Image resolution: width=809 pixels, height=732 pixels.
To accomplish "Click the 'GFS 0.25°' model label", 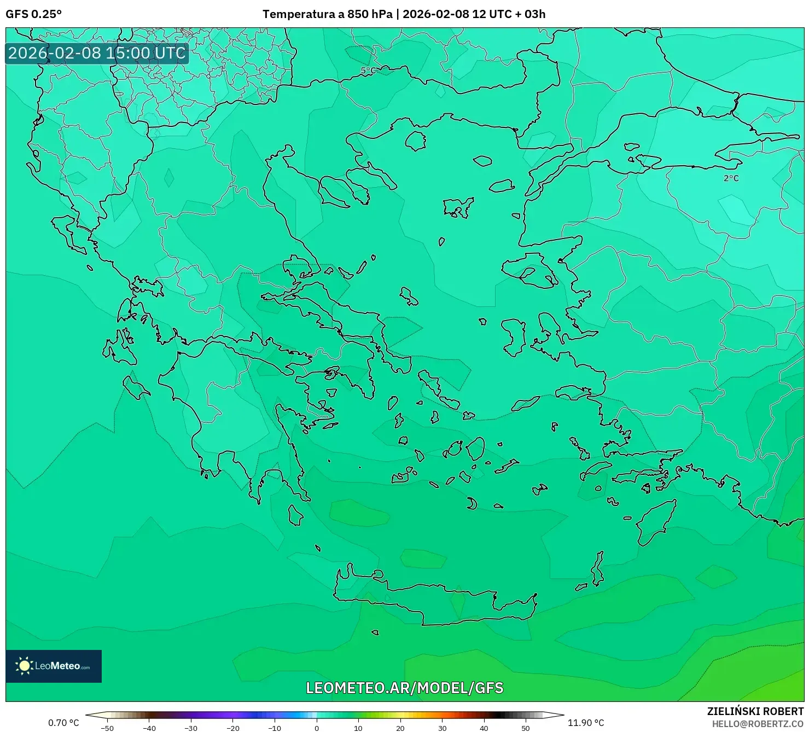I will pos(33,14).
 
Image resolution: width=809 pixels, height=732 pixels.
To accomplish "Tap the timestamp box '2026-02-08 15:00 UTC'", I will pos(97,53).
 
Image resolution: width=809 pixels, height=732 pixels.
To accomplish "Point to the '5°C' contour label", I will pos(368,71).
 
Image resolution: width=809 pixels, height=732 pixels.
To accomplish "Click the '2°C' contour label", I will pos(731,178).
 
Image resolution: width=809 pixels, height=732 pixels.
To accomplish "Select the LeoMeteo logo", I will pos(54,666).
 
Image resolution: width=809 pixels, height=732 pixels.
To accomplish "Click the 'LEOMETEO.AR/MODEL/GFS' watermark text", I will pos(404,688).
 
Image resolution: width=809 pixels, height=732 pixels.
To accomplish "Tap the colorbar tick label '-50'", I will pos(107,728).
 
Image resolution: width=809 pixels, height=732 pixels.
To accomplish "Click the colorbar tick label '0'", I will pos(316,728).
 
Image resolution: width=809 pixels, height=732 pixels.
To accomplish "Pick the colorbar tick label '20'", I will pos(400,728).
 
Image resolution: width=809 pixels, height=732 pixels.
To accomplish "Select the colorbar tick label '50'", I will pos(525,728).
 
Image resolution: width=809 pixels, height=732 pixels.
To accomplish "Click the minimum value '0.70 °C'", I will pos(63,723).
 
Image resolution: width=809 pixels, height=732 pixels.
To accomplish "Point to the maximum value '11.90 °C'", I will pos(586,723).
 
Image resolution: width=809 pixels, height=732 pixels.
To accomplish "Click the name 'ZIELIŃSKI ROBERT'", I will pos(755,711).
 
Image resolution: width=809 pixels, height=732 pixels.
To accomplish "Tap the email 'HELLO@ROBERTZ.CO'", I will pos(758,724).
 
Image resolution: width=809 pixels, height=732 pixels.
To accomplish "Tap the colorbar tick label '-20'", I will pos(233,728).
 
